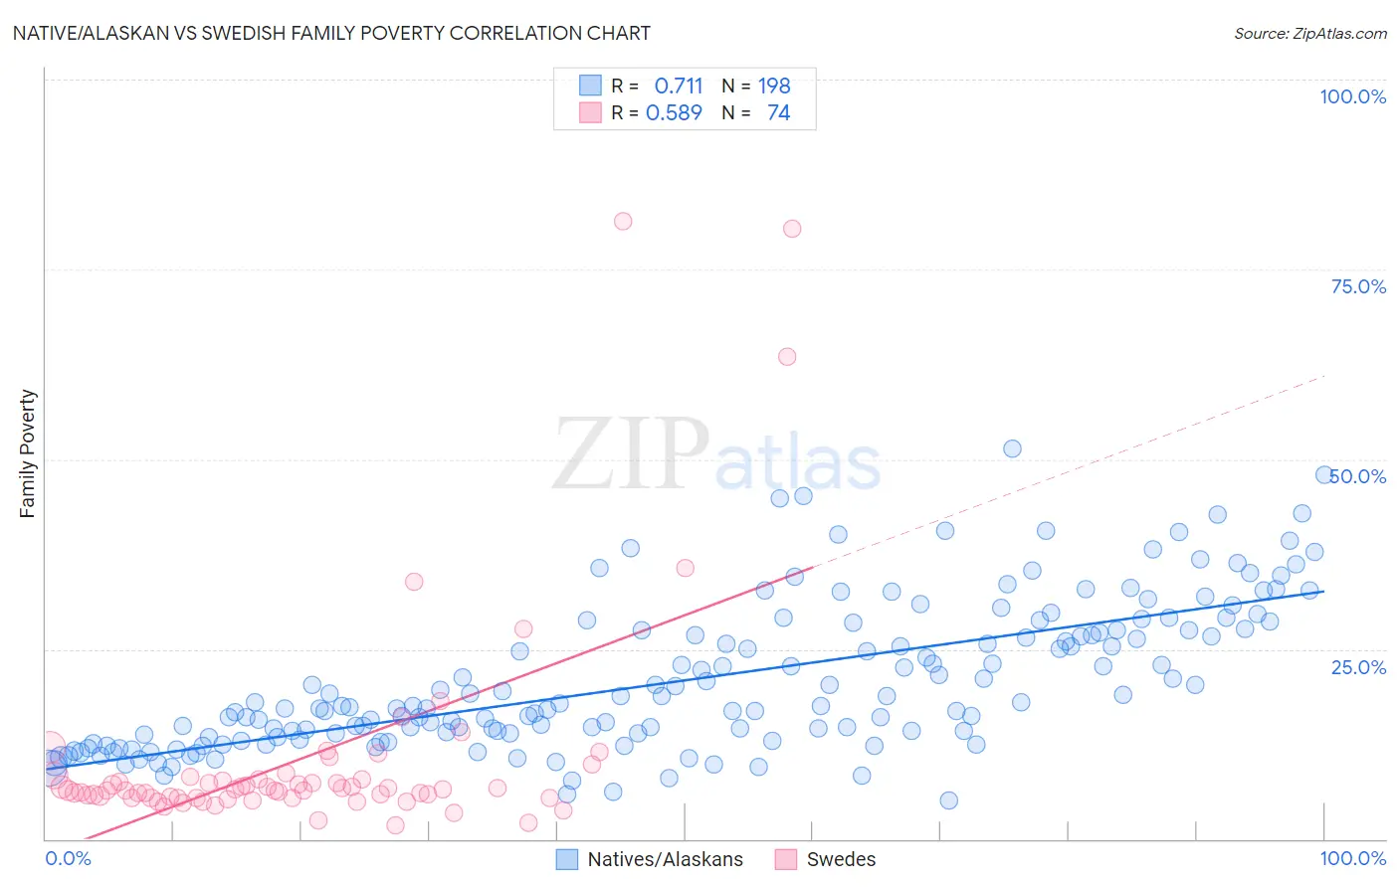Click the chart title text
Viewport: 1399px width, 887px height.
pyautogui.click(x=331, y=33)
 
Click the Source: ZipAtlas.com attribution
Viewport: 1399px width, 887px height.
pyautogui.click(x=1309, y=33)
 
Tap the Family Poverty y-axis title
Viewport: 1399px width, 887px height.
pyautogui.click(x=28, y=453)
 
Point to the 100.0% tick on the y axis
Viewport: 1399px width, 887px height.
pyautogui.click(x=1352, y=96)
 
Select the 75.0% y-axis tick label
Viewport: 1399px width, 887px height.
pyautogui.click(x=1358, y=286)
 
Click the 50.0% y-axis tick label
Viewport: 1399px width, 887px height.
pyautogui.click(x=1358, y=476)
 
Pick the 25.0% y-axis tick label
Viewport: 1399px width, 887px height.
pyautogui.click(x=1358, y=666)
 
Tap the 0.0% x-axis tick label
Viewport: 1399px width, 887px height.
pyautogui.click(x=68, y=858)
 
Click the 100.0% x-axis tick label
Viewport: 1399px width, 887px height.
pyautogui.click(x=1352, y=858)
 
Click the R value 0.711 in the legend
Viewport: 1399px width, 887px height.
pyautogui.click(x=679, y=86)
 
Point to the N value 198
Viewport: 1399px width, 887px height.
pyautogui.click(x=774, y=86)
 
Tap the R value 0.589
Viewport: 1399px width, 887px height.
pyautogui.click(x=675, y=112)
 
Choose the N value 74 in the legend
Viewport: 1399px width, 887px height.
pyautogui.click(x=778, y=112)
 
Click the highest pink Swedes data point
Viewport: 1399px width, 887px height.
pyautogui.click(x=623, y=221)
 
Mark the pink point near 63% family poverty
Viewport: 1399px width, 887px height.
pyautogui.click(x=787, y=356)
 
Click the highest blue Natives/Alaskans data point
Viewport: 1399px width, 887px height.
pyautogui.click(x=1012, y=448)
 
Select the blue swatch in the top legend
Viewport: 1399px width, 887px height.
pyautogui.click(x=590, y=86)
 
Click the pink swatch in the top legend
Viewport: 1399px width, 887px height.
pyautogui.click(x=590, y=112)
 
